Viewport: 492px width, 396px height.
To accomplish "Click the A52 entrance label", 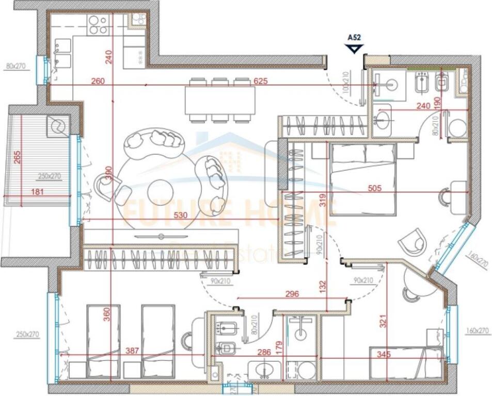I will [354, 37].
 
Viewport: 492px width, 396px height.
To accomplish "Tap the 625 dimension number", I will [261, 81].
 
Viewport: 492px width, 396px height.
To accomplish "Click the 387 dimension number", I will [133, 351].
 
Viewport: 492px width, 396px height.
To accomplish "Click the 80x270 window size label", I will [15, 66].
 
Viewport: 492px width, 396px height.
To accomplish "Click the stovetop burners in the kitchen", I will [98, 23].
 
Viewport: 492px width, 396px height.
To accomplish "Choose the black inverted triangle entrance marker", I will [354, 48].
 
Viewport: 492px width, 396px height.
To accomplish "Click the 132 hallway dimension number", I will [322, 285].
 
